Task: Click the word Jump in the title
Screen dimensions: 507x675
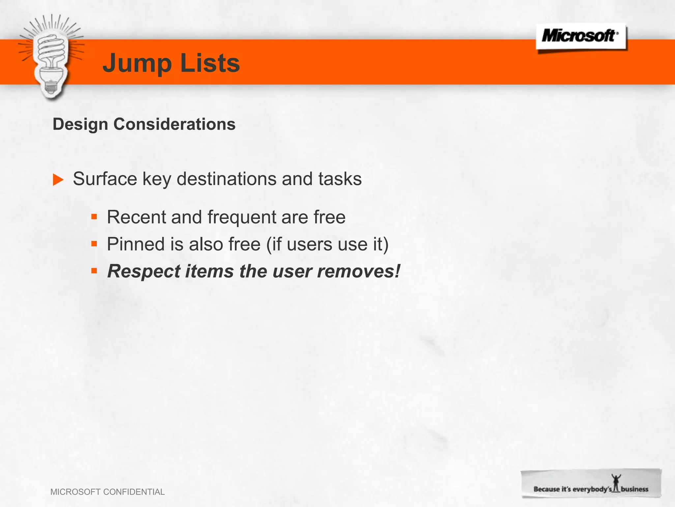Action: click(137, 63)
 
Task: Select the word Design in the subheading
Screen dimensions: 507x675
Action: click(80, 124)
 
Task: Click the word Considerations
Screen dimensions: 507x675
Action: click(174, 124)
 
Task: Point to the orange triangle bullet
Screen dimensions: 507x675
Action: click(58, 180)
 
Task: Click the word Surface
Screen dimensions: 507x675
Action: click(105, 179)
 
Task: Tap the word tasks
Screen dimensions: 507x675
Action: click(340, 179)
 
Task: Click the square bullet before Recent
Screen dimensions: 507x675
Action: click(94, 217)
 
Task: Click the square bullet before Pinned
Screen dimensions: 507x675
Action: click(94, 244)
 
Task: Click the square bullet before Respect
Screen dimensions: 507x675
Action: click(94, 271)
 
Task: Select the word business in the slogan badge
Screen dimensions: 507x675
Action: click(634, 489)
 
